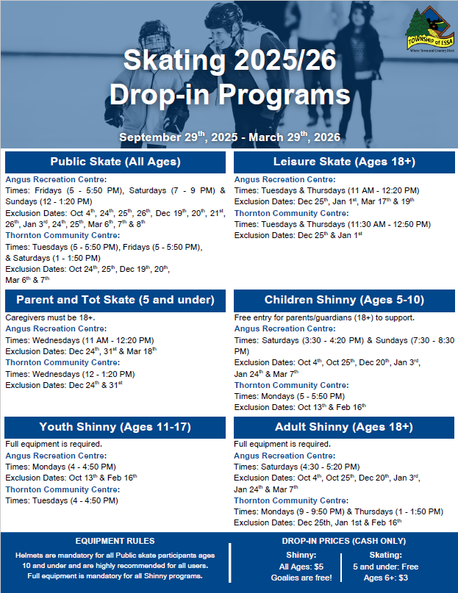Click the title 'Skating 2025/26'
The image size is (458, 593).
click(229, 61)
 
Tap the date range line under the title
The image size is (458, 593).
click(229, 137)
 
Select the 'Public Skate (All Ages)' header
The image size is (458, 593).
click(115, 162)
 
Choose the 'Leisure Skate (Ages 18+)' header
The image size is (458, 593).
click(343, 162)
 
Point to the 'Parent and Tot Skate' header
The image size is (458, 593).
click(115, 300)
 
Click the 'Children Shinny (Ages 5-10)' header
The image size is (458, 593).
click(343, 300)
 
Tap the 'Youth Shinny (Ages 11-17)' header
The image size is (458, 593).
click(115, 427)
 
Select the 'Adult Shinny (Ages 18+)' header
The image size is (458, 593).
click(343, 427)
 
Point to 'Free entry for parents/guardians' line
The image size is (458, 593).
click(324, 317)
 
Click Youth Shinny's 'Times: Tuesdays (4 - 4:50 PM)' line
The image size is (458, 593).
click(62, 500)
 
